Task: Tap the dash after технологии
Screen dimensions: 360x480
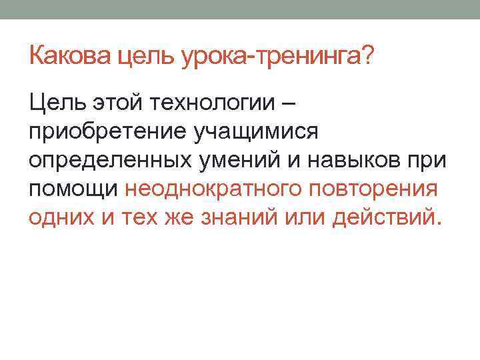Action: click(289, 103)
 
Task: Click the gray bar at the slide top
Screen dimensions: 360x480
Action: click(240, 9)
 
